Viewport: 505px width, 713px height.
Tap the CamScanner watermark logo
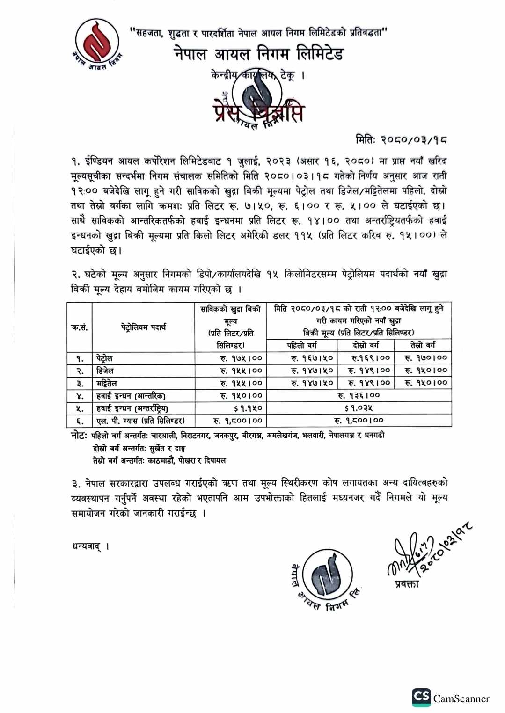click(x=421, y=698)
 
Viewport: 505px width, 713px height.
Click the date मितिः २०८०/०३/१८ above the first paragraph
click(x=401, y=139)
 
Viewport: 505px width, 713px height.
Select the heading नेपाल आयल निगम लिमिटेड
click(x=259, y=54)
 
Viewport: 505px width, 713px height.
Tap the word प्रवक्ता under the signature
click(x=406, y=583)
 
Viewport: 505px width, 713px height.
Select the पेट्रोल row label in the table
click(x=104, y=358)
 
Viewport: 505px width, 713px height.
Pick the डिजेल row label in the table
click(x=105, y=371)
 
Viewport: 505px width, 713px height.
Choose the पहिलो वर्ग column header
click(x=301, y=345)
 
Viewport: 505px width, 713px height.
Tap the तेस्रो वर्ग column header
click(x=423, y=345)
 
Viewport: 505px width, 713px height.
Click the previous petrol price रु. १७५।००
click(x=241, y=358)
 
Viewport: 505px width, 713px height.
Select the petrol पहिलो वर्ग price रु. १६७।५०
click(x=312, y=358)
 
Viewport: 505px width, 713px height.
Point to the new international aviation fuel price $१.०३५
click(x=359, y=408)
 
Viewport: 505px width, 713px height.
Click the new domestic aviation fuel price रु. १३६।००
click(x=359, y=396)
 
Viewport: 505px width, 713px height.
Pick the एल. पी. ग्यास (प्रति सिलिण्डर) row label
click(x=140, y=421)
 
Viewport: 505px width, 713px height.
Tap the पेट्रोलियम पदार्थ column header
click(x=143, y=327)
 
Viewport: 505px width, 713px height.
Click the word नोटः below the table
click(x=79, y=436)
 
